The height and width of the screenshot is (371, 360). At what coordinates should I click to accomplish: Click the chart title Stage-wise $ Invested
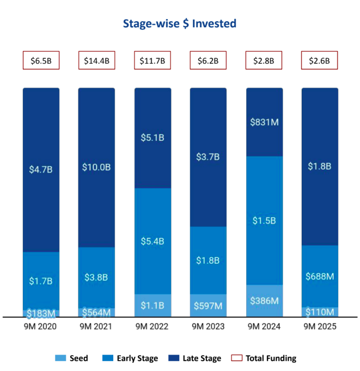click(180, 23)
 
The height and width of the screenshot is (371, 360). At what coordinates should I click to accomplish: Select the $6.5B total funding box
click(41, 60)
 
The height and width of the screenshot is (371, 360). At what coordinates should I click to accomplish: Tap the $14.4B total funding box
click(96, 60)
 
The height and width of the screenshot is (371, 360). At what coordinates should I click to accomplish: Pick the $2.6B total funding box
click(320, 60)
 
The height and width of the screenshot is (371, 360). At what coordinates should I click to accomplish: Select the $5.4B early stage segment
click(152, 241)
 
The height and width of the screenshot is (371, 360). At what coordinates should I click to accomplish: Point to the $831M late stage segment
click(264, 122)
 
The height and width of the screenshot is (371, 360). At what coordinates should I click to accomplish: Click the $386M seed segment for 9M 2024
click(264, 300)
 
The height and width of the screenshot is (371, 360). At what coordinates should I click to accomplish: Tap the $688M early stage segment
click(320, 276)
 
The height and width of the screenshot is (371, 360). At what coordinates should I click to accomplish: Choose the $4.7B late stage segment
click(41, 169)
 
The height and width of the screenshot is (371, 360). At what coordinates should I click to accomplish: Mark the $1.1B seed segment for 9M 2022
click(152, 305)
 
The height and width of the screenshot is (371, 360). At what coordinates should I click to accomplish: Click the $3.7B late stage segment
click(208, 157)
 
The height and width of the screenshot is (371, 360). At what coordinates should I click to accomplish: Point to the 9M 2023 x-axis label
click(208, 326)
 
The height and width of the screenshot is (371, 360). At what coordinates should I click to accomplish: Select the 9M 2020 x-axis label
click(41, 326)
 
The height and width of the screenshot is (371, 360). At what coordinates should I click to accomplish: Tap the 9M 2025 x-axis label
click(320, 326)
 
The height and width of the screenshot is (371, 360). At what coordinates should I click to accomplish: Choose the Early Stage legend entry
click(133, 358)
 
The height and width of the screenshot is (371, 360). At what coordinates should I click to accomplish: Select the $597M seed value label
click(208, 306)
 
